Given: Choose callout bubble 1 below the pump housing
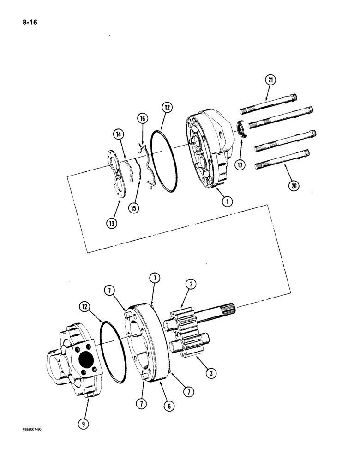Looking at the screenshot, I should (227, 201).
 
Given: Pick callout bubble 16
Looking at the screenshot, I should (142, 119).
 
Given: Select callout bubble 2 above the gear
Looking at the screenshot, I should (190, 285).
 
